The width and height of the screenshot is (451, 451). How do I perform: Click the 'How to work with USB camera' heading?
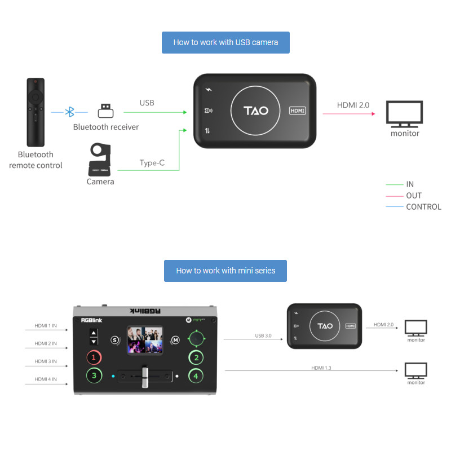click(225, 42)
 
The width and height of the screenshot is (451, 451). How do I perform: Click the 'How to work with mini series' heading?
click(225, 271)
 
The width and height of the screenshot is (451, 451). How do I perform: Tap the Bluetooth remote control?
click(35, 112)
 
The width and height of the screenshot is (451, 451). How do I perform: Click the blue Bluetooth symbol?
click(70, 112)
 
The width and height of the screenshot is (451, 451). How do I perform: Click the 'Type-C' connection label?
click(152, 163)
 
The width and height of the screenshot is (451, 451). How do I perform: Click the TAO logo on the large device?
click(255, 111)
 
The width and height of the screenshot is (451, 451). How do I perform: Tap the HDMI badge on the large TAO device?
click(298, 111)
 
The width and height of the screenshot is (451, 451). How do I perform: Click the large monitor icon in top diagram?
click(405, 113)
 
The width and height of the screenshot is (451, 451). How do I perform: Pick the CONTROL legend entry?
click(423, 207)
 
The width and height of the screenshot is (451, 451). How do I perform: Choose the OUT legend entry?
click(414, 196)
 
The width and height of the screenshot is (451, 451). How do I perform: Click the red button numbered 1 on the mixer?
click(95, 357)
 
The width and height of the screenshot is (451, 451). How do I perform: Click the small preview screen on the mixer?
click(144, 340)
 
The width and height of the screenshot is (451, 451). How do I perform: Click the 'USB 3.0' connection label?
click(263, 335)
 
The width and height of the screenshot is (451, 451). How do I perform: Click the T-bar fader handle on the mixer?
click(144, 377)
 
